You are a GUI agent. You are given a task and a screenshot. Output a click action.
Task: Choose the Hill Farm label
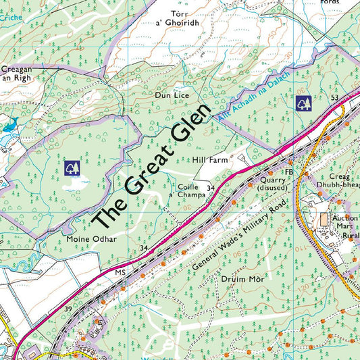[208, 161]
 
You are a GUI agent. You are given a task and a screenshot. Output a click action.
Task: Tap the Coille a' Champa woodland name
[191, 190]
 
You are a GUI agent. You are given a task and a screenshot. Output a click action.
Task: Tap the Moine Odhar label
[92, 239]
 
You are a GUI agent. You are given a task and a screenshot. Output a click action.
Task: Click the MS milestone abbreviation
[121, 273]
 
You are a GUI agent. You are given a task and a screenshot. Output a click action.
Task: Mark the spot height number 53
[334, 99]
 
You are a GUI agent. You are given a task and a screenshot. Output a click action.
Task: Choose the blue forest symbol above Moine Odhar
[71, 166]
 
